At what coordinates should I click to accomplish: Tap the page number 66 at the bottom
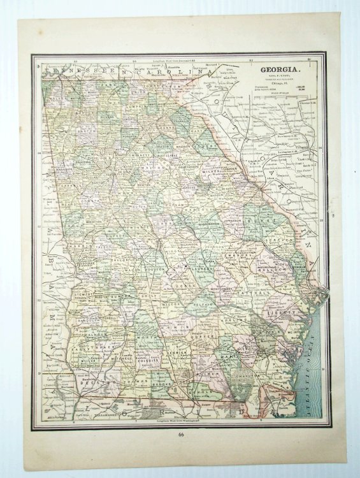[180, 435]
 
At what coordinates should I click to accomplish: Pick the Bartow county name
[79, 131]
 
